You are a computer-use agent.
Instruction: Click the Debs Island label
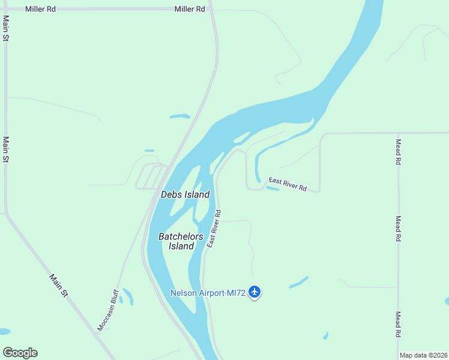coord(185,194)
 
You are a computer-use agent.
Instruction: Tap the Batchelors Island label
coord(181,241)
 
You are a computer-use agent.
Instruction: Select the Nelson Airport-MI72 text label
coord(208,293)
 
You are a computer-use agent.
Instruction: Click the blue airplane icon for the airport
coord(255,292)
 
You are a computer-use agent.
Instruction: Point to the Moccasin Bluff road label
coord(108,310)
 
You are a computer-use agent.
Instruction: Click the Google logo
coord(20,353)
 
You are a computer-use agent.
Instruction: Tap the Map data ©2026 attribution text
coord(423,355)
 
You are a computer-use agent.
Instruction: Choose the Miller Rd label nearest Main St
coord(40,9)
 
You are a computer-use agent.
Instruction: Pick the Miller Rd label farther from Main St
coord(190,9)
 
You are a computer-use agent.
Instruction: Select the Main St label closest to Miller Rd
coord(6,29)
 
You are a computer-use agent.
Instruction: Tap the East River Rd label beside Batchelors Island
coord(214,229)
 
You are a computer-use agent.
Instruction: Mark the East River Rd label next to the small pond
coord(288,184)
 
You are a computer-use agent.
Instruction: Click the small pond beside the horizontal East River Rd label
coord(272,189)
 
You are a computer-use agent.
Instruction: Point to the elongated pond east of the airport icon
coord(298,282)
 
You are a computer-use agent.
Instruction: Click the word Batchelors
coord(181,236)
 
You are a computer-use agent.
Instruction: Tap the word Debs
coord(171,194)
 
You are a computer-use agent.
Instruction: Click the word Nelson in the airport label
coord(183,293)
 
